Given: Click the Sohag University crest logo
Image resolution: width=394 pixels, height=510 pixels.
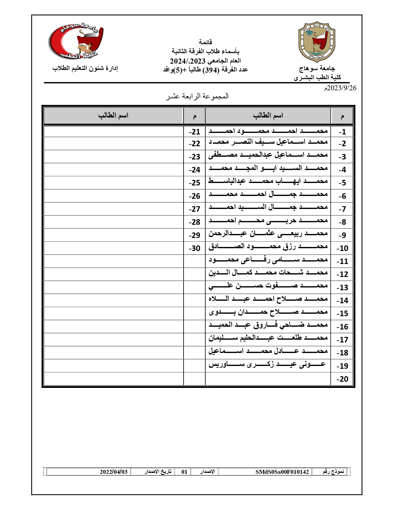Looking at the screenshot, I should tap(317, 42).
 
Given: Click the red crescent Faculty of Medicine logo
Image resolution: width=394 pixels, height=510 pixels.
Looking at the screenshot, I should tap(76, 42).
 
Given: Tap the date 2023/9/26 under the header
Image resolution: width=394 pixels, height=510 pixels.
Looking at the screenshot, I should tap(340, 88).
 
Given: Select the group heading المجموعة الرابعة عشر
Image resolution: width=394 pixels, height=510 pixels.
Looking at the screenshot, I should tap(197, 96).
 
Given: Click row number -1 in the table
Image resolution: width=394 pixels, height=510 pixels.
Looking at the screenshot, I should tap(342, 132).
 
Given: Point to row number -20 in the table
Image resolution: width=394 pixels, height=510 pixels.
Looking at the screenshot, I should tap(342, 379).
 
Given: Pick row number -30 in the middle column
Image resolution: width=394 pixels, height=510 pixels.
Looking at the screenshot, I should tap(195, 248).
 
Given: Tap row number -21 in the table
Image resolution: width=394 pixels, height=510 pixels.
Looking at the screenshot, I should tap(195, 132).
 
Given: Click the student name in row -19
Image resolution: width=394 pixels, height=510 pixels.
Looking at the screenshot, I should tap(267, 365).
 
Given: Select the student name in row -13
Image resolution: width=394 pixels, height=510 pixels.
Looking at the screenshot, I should tap(268, 286).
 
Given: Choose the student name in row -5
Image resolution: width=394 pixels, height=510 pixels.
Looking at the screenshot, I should tap(268, 181).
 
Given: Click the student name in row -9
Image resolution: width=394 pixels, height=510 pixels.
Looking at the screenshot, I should tap(268, 234).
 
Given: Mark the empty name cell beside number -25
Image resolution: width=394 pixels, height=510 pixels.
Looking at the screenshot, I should tap(113, 183).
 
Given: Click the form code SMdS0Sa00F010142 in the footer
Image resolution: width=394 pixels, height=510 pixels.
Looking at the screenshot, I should tap(282, 472).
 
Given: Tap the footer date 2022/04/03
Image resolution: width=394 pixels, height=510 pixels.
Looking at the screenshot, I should tap(113, 472).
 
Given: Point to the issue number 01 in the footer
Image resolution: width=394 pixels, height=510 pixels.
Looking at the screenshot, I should tap(184, 472).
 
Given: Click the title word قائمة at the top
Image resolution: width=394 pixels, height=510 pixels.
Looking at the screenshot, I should tap(205, 42).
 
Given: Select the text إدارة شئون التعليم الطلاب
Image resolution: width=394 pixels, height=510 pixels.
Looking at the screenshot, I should tap(85, 68).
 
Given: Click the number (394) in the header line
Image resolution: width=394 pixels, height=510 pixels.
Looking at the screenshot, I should tap(211, 70).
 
